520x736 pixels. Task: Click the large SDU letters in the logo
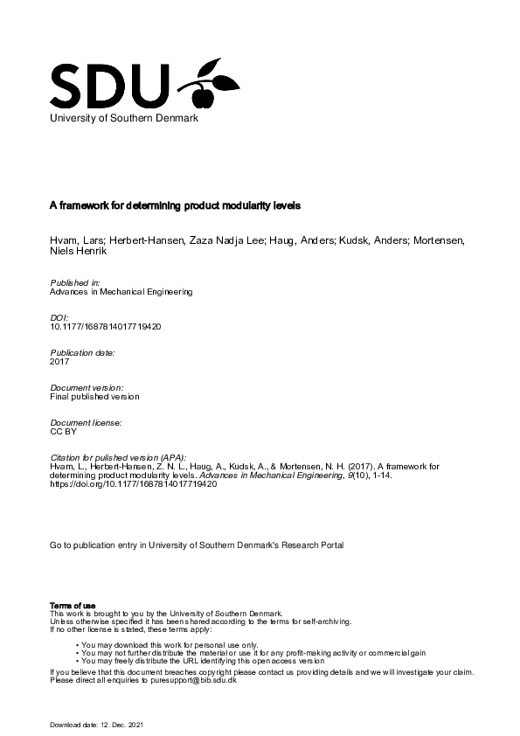click(x=109, y=84)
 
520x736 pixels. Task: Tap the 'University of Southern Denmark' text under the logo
click(x=124, y=119)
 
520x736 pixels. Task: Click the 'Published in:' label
click(x=76, y=283)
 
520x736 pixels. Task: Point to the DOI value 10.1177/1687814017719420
click(x=106, y=326)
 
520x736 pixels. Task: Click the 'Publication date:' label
click(x=83, y=352)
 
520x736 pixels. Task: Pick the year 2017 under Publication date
click(x=59, y=361)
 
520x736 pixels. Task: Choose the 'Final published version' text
click(x=94, y=396)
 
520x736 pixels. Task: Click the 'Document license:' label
click(x=86, y=422)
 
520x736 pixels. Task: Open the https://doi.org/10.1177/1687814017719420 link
click(x=134, y=484)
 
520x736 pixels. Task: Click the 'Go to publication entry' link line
click(x=197, y=545)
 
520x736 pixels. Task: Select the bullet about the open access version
click(x=204, y=661)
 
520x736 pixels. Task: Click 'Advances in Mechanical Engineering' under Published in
click(x=121, y=291)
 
